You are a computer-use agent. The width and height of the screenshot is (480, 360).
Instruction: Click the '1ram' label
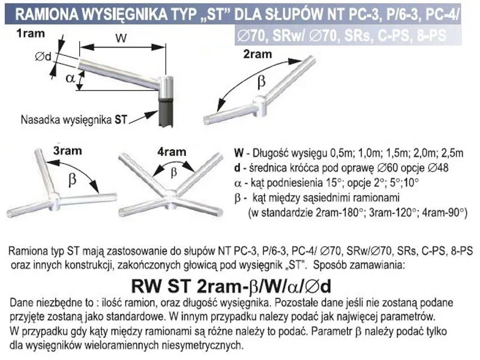coord(31,33)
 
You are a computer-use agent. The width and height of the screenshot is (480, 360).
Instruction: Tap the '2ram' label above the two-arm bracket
coord(257,54)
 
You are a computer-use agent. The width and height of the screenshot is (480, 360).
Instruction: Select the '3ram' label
coord(67,151)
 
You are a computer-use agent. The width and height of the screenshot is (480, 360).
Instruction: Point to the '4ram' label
coord(172,152)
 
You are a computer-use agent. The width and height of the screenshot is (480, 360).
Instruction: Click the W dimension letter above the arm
coord(121,38)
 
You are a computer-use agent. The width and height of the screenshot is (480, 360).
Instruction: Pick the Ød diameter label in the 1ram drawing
coord(43,56)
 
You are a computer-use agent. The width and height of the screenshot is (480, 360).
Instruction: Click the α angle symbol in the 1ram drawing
coord(70,79)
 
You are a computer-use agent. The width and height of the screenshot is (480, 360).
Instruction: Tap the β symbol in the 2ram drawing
coord(261,82)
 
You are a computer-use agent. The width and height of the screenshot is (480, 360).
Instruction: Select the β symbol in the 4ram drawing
coord(174,172)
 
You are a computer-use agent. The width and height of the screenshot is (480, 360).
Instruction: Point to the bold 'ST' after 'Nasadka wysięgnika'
coord(121,119)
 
